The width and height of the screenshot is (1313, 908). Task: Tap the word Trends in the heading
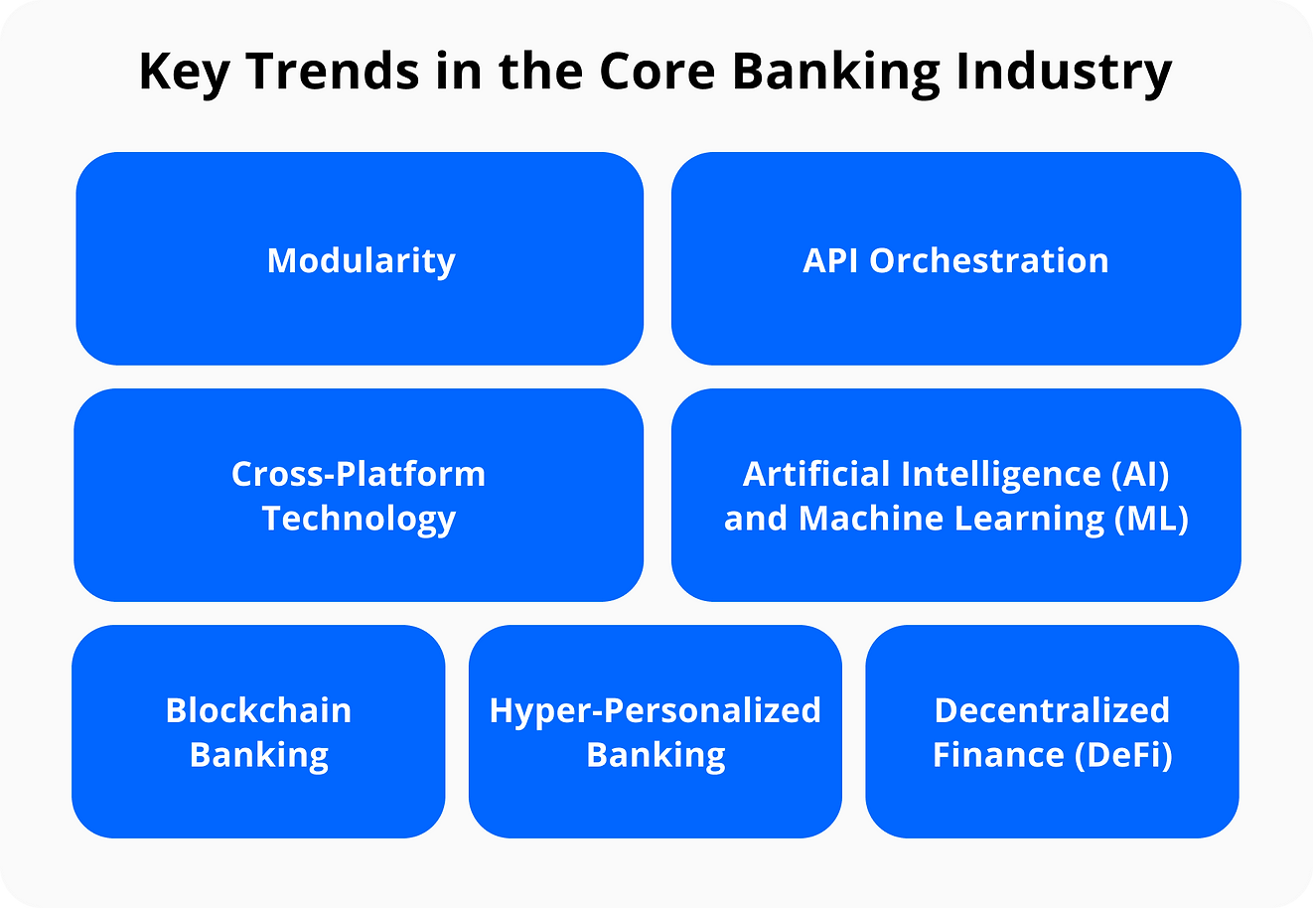tap(333, 71)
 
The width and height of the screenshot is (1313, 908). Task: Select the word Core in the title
tap(656, 72)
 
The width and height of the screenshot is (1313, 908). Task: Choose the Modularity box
tap(360, 258)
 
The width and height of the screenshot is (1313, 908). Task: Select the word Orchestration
tap(989, 260)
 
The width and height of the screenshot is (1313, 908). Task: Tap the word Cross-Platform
tap(359, 473)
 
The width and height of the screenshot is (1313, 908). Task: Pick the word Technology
tap(359, 520)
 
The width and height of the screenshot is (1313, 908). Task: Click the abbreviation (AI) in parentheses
tap(1140, 474)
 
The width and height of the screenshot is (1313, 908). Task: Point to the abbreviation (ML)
tap(1151, 519)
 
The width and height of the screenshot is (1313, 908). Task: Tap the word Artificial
tap(816, 473)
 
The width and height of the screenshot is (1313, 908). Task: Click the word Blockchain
tap(258, 710)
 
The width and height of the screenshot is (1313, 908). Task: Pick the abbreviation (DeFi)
tap(1123, 755)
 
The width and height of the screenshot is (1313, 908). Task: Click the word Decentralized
tap(1052, 710)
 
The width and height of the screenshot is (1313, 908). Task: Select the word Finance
tap(998, 755)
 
